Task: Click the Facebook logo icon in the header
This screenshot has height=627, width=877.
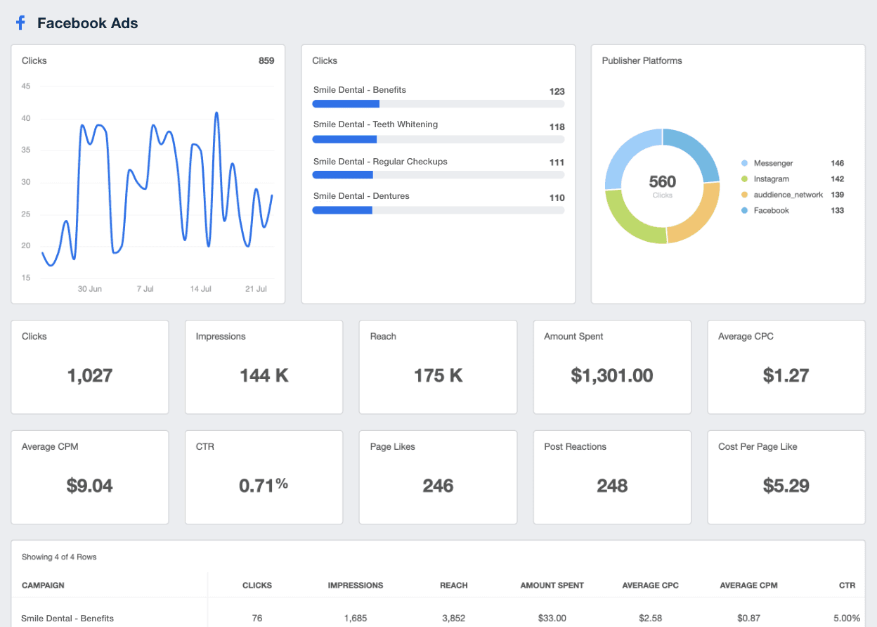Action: tap(20, 23)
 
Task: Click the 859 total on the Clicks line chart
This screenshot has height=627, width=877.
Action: tap(266, 61)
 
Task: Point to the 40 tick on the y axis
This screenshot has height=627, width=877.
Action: tap(26, 119)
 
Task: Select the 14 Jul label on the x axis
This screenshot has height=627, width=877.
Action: tap(201, 289)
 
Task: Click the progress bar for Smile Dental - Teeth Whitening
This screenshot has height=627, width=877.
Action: tap(438, 139)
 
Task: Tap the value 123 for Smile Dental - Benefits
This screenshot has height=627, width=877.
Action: tap(557, 91)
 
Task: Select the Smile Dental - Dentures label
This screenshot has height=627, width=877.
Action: tap(361, 196)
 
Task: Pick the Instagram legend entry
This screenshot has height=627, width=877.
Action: tap(771, 179)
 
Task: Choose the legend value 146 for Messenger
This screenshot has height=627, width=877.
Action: tap(837, 163)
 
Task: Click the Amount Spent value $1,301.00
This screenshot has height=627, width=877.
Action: tap(612, 376)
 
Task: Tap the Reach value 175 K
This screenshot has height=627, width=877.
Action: tap(438, 376)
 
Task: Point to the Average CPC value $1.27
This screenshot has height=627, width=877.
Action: tap(786, 376)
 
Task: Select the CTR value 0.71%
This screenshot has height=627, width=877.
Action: tap(264, 486)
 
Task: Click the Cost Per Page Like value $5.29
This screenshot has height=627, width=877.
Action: tap(786, 486)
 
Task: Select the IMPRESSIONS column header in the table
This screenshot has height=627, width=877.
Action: tap(356, 586)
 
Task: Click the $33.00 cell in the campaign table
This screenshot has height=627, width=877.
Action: tap(552, 619)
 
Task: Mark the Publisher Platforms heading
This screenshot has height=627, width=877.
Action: tap(642, 61)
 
